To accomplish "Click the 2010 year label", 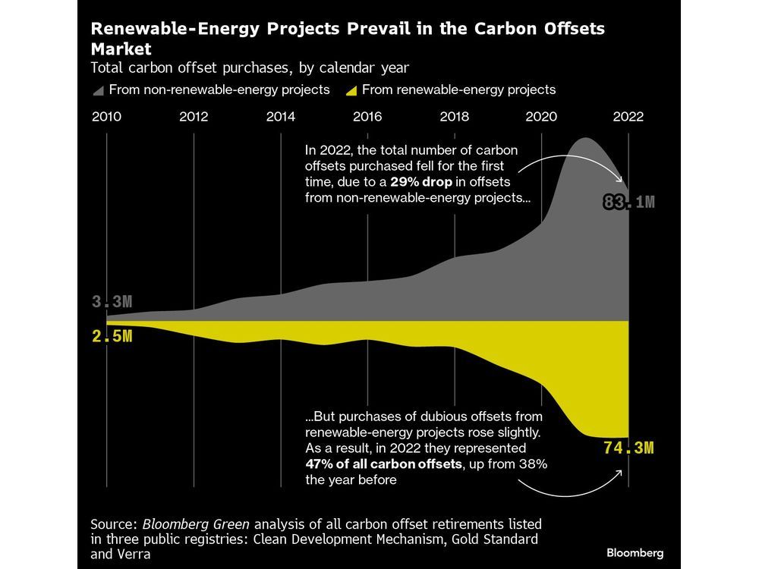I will click(x=106, y=117).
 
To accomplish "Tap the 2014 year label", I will click(x=280, y=117).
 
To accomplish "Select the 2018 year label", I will click(x=454, y=117).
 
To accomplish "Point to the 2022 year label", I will click(x=628, y=117).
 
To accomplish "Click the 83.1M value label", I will click(x=628, y=202).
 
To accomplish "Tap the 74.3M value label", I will click(x=628, y=448).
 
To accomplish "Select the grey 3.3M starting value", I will click(x=112, y=302).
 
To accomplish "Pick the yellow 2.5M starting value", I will click(x=112, y=336).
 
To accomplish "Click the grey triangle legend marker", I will click(x=97, y=90).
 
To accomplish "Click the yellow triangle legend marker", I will click(x=351, y=90).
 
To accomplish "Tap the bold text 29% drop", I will click(x=423, y=182).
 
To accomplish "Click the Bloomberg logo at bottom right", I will click(x=635, y=552).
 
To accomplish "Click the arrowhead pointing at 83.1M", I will click(x=624, y=184).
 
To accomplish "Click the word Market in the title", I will click(x=119, y=49).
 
